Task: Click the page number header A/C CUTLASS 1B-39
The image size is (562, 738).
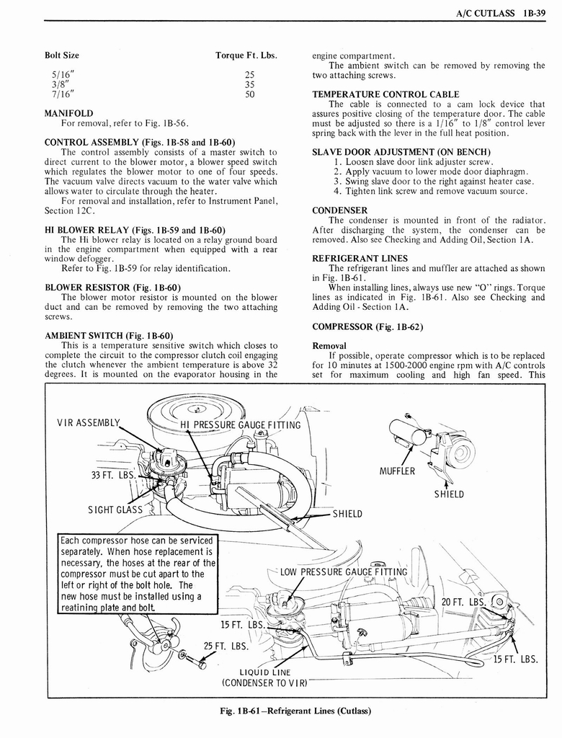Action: (x=500, y=12)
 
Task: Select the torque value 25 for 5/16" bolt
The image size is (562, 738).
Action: (x=249, y=74)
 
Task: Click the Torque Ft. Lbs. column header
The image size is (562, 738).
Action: (x=246, y=55)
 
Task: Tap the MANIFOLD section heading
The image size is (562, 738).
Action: (x=68, y=113)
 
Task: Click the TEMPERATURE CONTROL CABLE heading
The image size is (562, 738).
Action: (x=385, y=94)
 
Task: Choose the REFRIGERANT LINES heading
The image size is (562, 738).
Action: (x=360, y=258)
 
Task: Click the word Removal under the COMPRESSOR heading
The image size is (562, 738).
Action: (x=329, y=345)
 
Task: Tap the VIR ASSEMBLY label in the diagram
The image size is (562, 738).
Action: (x=89, y=423)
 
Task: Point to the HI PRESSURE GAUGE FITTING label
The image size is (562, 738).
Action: (x=240, y=424)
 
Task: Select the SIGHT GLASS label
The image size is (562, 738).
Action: (x=115, y=510)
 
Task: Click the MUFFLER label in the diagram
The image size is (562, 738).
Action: (x=397, y=471)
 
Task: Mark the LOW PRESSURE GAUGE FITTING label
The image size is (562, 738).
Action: (x=344, y=573)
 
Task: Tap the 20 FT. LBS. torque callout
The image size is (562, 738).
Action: (x=463, y=602)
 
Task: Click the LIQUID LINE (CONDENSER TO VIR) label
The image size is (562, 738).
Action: (x=264, y=677)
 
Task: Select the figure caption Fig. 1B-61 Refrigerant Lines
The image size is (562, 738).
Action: (x=295, y=711)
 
